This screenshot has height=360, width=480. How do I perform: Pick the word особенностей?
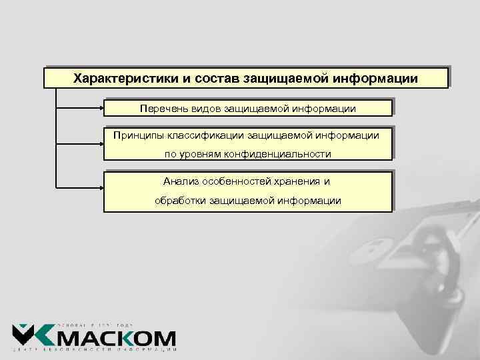click(236, 181)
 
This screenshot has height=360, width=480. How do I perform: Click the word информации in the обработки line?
click(307, 200)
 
